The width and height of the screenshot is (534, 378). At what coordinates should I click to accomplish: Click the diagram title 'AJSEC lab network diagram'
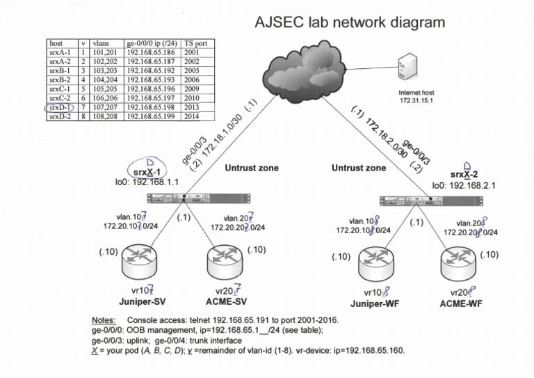350,22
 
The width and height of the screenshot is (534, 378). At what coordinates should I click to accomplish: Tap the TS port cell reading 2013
193,108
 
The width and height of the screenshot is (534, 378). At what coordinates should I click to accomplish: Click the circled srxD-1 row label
60,108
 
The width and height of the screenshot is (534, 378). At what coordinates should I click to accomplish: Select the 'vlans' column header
100,42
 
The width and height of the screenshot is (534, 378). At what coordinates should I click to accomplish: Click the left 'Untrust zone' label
252,168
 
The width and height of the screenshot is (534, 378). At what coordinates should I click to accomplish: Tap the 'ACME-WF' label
462,304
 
